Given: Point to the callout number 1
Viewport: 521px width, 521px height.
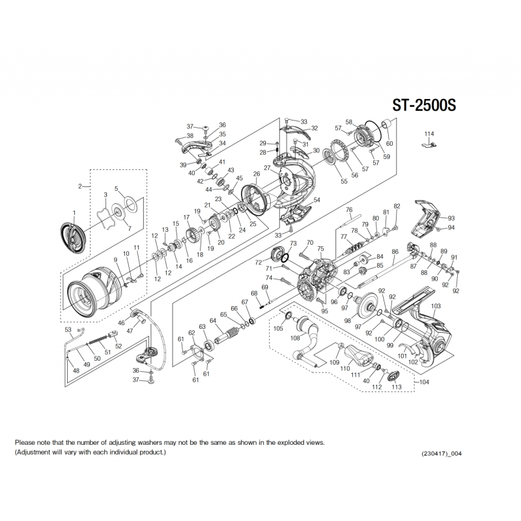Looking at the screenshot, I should point(74,213).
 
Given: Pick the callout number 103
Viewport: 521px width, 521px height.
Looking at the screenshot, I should point(436,305).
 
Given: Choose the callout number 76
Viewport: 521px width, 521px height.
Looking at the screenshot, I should point(349,210).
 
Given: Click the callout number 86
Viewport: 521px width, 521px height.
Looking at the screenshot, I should point(395,252).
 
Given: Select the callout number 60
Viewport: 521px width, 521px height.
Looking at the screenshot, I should point(389,143).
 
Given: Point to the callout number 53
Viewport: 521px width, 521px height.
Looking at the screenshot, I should point(68,330).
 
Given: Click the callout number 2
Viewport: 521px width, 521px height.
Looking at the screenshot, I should point(79,186).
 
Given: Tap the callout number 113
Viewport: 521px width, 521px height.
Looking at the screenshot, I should point(395,387).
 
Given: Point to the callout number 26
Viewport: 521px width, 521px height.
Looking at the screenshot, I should point(257,174).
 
